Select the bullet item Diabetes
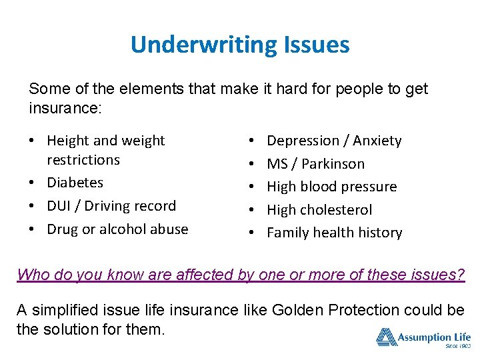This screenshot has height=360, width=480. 75,183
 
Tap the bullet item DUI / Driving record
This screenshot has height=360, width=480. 111,206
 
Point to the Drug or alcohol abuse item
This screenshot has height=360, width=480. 117,229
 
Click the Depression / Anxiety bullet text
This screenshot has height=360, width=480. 334,141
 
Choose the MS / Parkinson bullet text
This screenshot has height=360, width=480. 315,164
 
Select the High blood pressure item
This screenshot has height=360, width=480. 331,187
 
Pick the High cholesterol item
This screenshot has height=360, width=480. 319,210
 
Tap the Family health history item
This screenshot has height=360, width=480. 334,233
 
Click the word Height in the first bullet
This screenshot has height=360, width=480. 67,141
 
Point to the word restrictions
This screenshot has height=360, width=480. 83,160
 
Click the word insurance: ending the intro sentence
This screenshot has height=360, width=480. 65,108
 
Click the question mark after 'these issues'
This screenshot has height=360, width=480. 460,275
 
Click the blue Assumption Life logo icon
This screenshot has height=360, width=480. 386,337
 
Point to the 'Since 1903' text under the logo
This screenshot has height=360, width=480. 457,347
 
